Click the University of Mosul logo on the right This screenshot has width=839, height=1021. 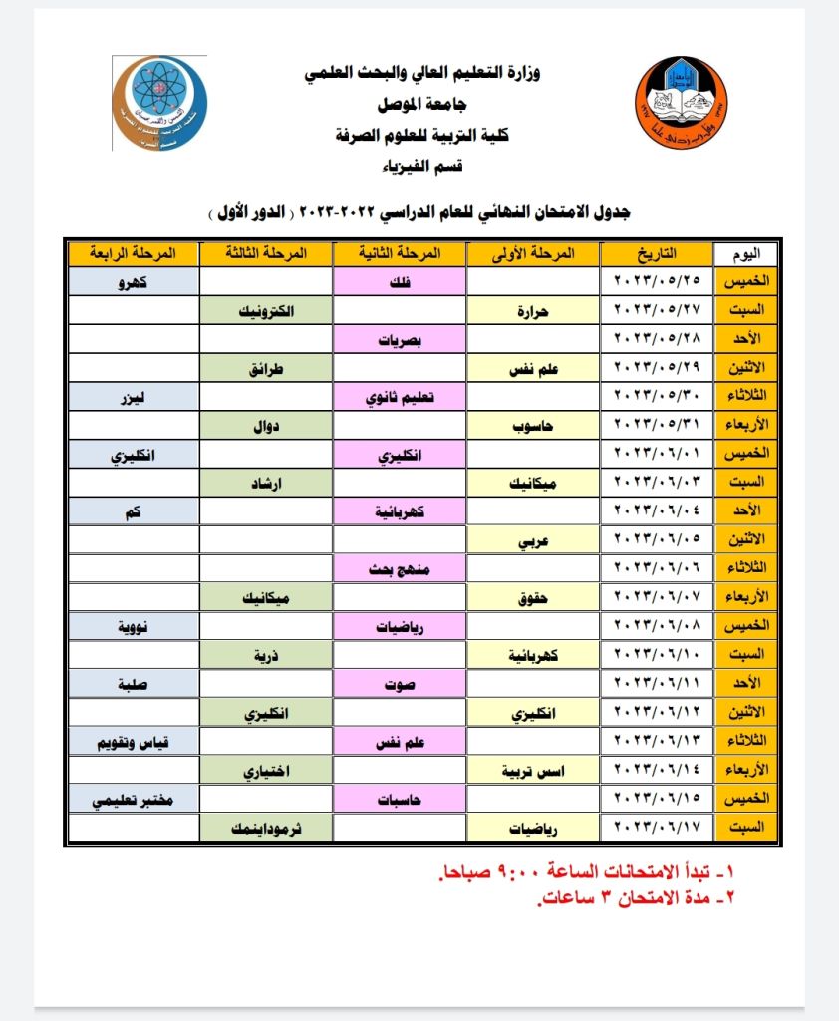pos(682,103)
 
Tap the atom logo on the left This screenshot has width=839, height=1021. pos(160,103)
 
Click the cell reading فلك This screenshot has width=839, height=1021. pos(399,282)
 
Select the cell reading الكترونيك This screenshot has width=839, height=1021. pos(266,311)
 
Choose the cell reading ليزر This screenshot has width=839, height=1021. pos(132,398)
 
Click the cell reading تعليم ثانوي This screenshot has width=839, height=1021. pos(399,398)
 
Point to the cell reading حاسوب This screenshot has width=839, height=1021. pos(534,427)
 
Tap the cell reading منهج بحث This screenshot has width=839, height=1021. pos(399,570)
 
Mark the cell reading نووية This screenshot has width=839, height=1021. pos(132,627)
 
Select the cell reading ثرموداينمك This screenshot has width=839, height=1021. pos(266,828)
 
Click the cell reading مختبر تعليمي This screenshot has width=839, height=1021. pos(132,800)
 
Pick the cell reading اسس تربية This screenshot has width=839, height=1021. pos(534,771)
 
